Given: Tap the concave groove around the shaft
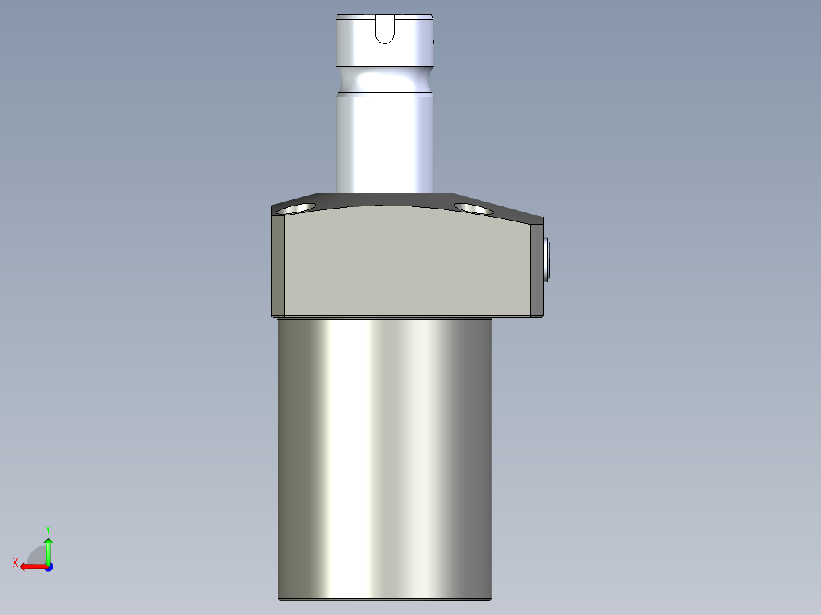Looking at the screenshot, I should [x=385, y=80].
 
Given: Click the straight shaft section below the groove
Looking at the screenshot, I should [x=385, y=145].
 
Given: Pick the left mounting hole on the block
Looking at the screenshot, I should [x=296, y=208].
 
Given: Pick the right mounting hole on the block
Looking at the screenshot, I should [x=472, y=208].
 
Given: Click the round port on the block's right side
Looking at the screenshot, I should [x=547, y=259].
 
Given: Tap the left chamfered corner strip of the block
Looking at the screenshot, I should [x=278, y=266].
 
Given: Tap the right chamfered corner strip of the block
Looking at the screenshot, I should [x=536, y=269].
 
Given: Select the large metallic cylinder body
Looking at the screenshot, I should [x=385, y=457].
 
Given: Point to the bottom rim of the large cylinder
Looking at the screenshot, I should [x=385, y=598].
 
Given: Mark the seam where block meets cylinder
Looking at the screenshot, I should [x=385, y=317].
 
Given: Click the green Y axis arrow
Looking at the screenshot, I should [x=48, y=548].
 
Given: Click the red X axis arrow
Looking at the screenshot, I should [x=30, y=566].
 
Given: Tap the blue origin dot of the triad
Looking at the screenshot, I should [x=48, y=566].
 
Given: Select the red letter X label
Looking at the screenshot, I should [x=14, y=562].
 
